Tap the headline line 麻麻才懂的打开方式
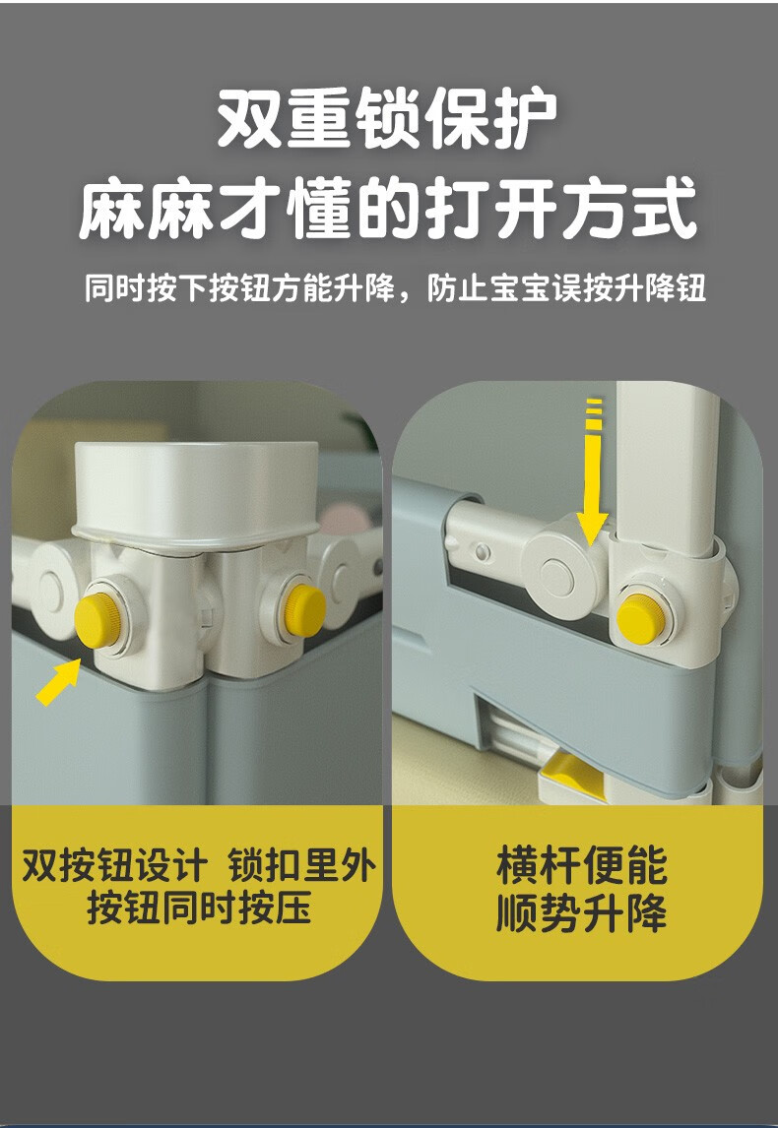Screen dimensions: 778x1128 [x=388, y=210]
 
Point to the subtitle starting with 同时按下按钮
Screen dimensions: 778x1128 [x=395, y=288]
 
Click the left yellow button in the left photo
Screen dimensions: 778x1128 [x=97, y=620]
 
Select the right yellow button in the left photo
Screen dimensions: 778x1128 [x=304, y=610]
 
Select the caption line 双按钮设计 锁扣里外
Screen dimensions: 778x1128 [x=198, y=865]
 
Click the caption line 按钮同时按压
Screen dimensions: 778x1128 [x=199, y=908]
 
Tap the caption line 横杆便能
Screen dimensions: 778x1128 [x=581, y=865]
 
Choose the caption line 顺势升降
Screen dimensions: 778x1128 [x=581, y=911]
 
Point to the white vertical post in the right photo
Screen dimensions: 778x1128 [x=666, y=468]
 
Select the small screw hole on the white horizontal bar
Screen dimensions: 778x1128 [x=483, y=552]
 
